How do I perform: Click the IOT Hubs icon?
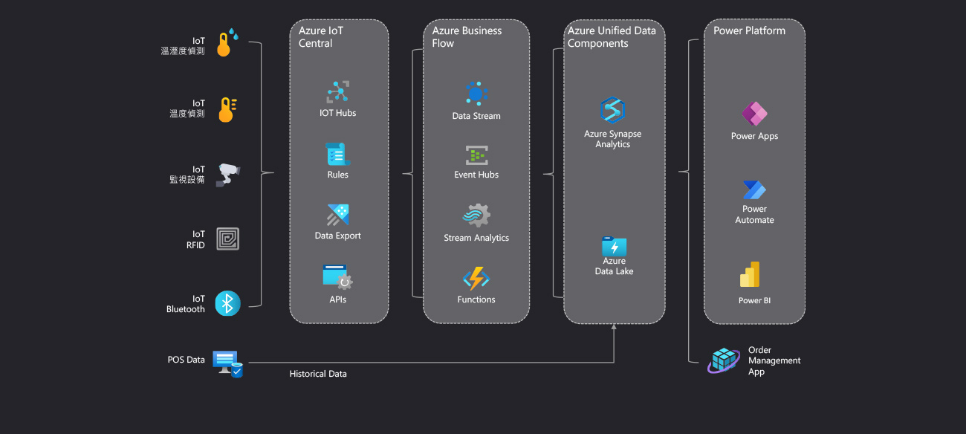coord(338,92)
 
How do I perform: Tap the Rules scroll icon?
coord(337,154)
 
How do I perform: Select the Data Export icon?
coord(338,216)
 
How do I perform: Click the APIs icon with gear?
coord(337,277)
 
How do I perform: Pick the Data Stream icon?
coord(476,94)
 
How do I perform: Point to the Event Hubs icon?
coord(476,155)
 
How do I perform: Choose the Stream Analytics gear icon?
coord(476,216)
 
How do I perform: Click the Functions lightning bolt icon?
coord(476,279)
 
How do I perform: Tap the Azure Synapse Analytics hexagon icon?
coord(613,110)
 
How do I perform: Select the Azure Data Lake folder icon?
coord(614,246)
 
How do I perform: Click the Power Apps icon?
coord(754,114)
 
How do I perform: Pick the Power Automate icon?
coord(754,190)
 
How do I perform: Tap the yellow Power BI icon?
coord(750,275)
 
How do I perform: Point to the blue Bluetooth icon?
coord(227,303)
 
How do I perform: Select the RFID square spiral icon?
coord(227,239)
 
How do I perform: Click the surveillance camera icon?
coord(227,175)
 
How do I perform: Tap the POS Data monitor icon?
coord(227,363)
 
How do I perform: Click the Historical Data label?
coord(318,374)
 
